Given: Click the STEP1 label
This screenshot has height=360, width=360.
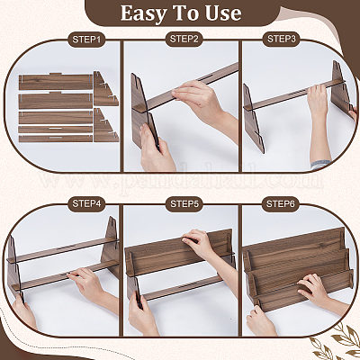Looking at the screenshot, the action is (x=86, y=40).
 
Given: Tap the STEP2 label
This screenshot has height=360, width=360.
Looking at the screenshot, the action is (x=184, y=40).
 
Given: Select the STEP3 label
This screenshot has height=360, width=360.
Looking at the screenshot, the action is (x=281, y=39).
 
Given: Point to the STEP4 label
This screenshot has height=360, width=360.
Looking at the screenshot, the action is (x=86, y=203).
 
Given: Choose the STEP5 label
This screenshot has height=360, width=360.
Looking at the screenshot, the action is (x=184, y=204).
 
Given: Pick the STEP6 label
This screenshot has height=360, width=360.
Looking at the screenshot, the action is (x=281, y=204).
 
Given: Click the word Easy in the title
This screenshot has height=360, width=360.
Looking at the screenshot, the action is (x=140, y=13).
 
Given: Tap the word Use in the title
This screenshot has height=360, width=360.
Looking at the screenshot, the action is (x=222, y=13).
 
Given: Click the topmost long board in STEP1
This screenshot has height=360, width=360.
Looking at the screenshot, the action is (x=56, y=82).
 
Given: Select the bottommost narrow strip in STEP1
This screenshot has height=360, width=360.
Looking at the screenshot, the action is (x=56, y=139).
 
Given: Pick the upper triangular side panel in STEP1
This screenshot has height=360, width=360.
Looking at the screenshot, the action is (x=105, y=89).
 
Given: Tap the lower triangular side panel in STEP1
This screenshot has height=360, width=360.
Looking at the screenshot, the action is (x=106, y=125).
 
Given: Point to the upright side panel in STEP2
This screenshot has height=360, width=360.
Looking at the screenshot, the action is (x=143, y=111).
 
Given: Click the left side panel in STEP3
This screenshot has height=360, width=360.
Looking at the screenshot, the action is (x=254, y=119).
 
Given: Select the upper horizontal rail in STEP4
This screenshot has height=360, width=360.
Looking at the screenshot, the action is (x=64, y=250).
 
